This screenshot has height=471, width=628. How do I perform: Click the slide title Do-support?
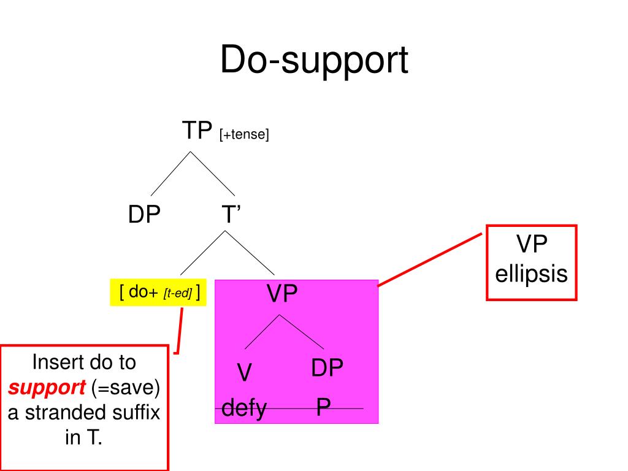[314, 61]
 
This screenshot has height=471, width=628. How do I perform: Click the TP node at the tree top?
[196, 130]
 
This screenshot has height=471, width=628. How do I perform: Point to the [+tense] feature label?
[244, 134]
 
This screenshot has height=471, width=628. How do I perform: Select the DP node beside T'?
[144, 215]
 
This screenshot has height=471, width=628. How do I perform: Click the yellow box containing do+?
[158, 293]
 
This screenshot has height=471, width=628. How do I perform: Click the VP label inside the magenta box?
[281, 295]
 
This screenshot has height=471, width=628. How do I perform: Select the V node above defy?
[245, 373]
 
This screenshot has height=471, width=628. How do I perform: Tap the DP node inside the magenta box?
[326, 368]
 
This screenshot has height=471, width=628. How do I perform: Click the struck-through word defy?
[243, 408]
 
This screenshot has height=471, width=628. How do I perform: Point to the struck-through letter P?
[324, 408]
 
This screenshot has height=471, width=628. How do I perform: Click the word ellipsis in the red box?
[531, 274]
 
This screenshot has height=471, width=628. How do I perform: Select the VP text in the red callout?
[531, 245]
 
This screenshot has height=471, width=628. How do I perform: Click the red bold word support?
[47, 388]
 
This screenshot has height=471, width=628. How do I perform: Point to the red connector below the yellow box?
[180, 331]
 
